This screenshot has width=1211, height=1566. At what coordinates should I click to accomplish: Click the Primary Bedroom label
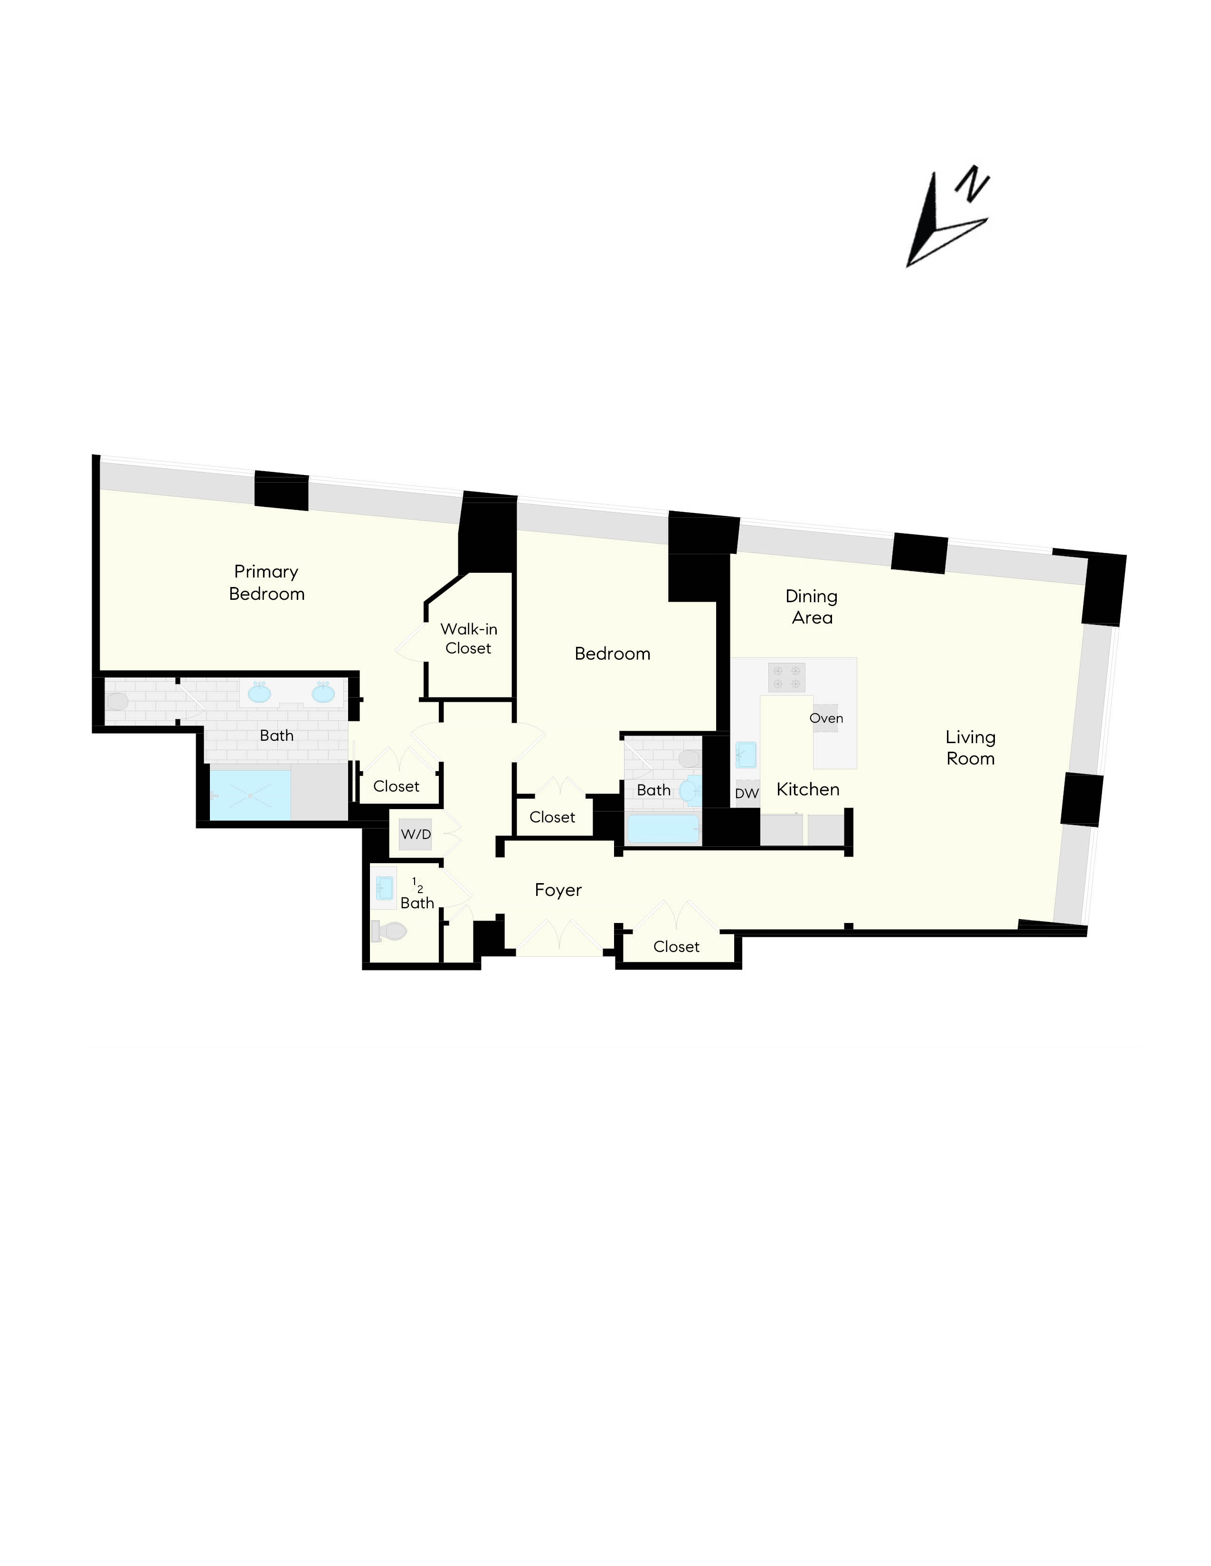click(266, 582)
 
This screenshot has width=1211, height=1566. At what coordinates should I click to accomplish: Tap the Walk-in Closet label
click(468, 638)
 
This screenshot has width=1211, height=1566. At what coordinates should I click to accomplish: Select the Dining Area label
click(812, 606)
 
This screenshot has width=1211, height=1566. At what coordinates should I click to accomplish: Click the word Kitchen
click(808, 790)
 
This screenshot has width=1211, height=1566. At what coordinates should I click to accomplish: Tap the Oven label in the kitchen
click(826, 718)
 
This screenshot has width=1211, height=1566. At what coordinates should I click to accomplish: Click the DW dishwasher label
click(747, 793)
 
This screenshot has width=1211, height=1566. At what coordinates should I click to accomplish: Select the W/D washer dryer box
click(416, 834)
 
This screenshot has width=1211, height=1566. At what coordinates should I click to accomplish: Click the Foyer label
click(558, 890)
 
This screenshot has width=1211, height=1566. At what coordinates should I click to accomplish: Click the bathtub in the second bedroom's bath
click(663, 829)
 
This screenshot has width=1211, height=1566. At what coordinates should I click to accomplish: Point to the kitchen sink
click(746, 755)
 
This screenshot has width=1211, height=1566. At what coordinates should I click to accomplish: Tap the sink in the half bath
click(385, 888)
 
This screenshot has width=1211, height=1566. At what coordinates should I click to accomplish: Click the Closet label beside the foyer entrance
click(676, 947)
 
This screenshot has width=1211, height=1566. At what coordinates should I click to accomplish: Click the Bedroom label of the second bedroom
click(612, 653)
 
